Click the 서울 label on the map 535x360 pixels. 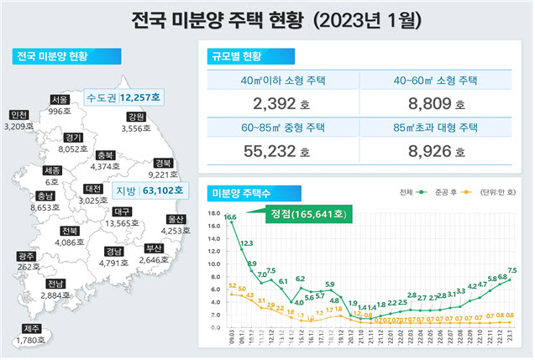click(59, 99)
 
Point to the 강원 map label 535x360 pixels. click(136, 117)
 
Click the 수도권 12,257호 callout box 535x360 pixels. click(125, 97)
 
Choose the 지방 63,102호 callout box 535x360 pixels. click(140, 190)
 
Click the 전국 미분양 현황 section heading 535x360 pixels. click(52, 57)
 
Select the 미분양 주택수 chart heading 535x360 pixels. click(243, 192)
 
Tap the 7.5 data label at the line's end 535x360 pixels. click(511, 270)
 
